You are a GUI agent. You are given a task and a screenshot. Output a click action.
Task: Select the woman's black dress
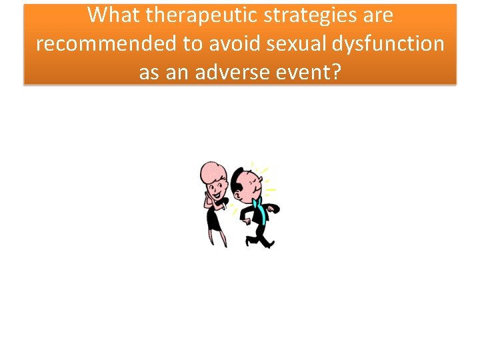click(x=214, y=217)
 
